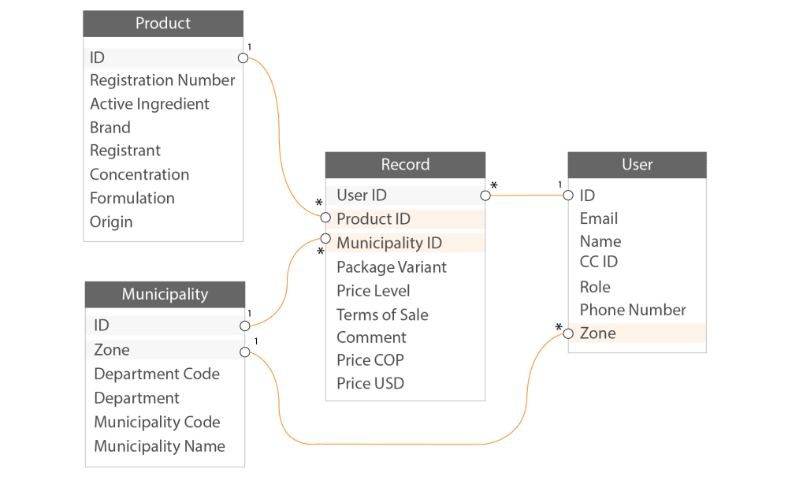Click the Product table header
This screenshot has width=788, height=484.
pos(163,24)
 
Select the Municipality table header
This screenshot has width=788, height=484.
pos(165,294)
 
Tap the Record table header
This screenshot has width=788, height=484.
pos(405,165)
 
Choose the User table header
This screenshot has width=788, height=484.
pos(637,165)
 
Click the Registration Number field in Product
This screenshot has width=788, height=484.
pos(162,80)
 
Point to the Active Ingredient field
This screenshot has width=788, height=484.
pos(150,104)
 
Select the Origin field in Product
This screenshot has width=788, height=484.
pos(111,222)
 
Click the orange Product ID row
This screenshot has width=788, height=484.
pos(405,219)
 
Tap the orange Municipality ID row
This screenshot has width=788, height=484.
pos(405,243)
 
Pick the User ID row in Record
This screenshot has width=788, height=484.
pos(405,195)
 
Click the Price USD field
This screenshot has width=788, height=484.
pos(370,384)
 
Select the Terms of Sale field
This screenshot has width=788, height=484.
pos(382,315)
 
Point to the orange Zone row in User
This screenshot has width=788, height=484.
pos(637,333)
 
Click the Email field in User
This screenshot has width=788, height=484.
pos(599,218)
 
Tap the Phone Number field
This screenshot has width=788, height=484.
pos(633,310)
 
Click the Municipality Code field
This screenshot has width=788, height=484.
pos(157,422)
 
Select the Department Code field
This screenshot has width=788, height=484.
pos(157,374)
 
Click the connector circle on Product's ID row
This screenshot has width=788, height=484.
pos(243,58)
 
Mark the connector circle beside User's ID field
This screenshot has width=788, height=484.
pos(567,195)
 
